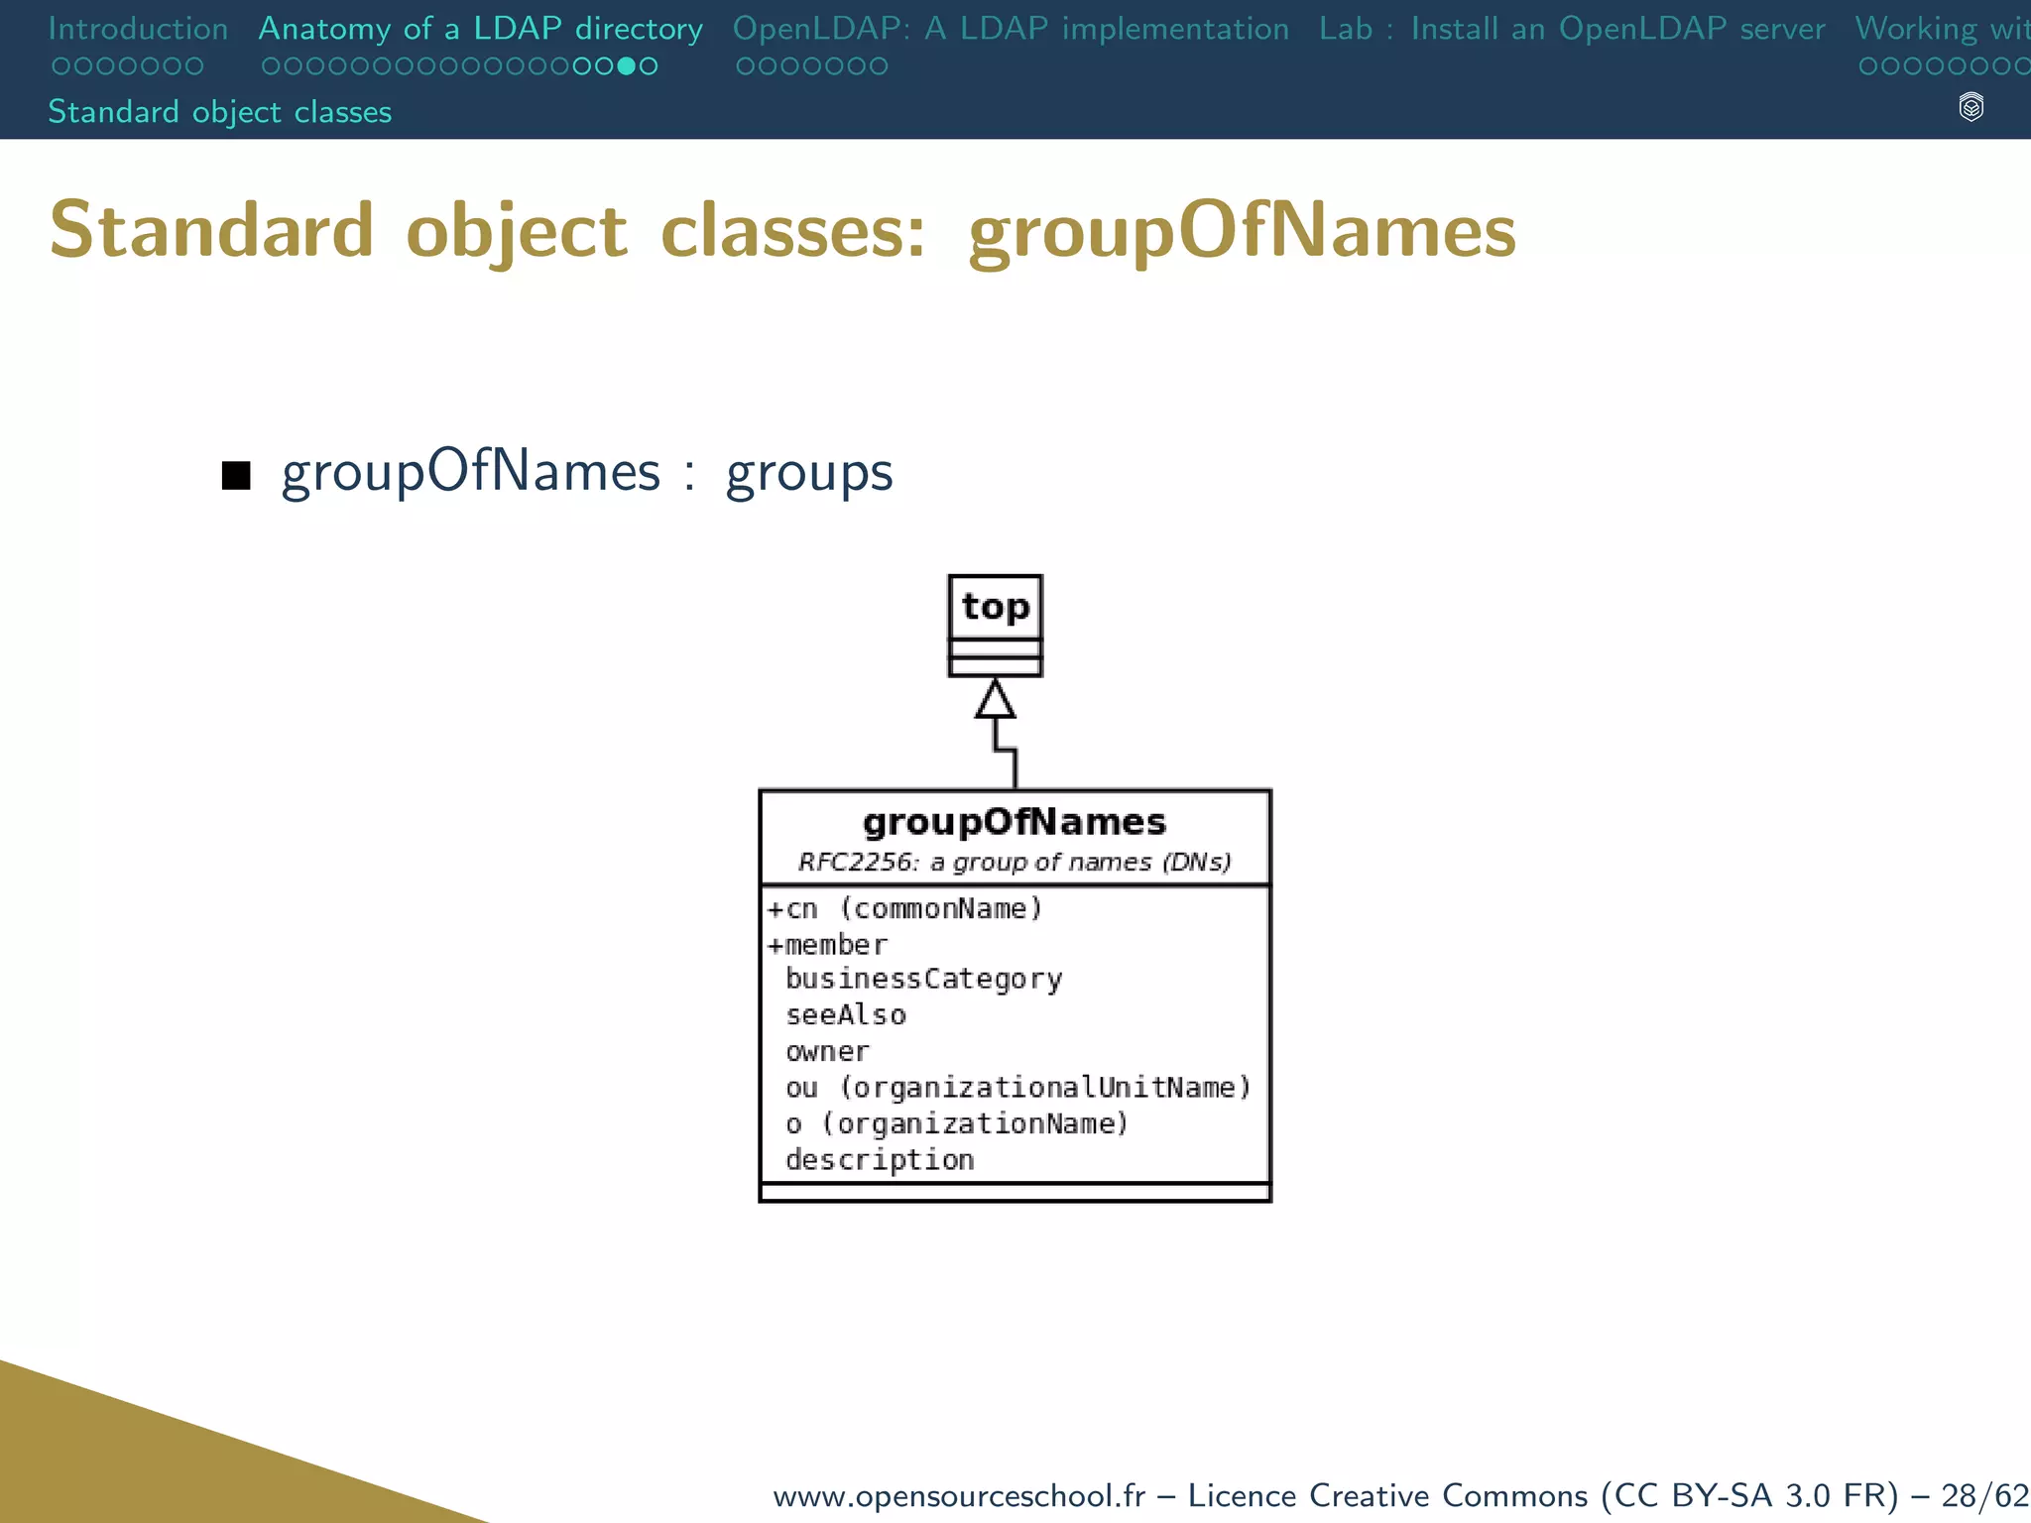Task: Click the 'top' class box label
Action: (996, 607)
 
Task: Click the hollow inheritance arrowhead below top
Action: (995, 699)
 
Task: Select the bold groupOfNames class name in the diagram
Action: (1015, 822)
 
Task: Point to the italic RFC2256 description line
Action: (1015, 863)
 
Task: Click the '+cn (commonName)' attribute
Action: (904, 908)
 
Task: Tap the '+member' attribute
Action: (827, 944)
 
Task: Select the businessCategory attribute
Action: (923, 980)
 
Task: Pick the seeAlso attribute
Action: (846, 1015)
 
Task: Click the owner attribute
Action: (827, 1051)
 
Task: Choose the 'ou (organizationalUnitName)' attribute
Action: (1017, 1088)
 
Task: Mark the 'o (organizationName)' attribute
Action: (957, 1123)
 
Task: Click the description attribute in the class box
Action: (880, 1159)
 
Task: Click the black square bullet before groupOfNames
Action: (236, 475)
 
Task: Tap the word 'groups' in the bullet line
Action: (809, 473)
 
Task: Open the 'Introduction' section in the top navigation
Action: (138, 29)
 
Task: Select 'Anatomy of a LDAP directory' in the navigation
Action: (481, 29)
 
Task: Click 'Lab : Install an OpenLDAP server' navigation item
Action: (1572, 29)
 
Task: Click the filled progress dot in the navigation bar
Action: (627, 66)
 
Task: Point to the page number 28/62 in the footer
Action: (1984, 1494)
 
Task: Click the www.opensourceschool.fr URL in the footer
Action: (959, 1494)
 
